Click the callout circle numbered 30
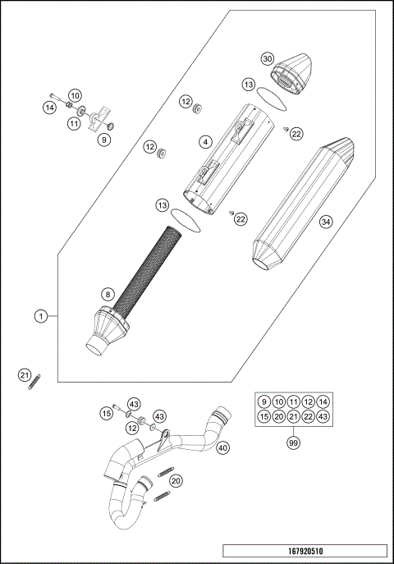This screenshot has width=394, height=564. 266,59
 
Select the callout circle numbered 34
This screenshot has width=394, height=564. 326,222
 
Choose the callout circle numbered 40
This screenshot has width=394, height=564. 222,447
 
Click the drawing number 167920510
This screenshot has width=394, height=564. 304,552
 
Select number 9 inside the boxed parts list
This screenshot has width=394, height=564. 263,401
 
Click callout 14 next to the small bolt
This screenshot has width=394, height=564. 49,107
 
